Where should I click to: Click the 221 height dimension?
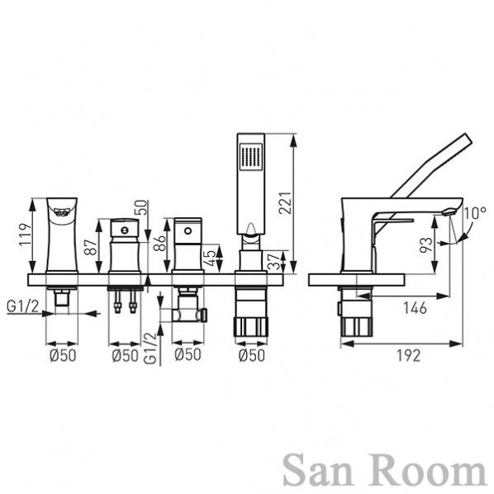point(285,203)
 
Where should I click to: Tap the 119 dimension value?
point(26,235)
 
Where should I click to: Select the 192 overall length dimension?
point(408,356)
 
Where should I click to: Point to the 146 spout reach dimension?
point(416,307)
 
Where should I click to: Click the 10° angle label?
point(474,213)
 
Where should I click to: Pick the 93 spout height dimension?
point(426,245)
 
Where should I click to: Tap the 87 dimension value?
point(91,247)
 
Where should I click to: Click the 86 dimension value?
point(159,243)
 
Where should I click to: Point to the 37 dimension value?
point(275,262)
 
